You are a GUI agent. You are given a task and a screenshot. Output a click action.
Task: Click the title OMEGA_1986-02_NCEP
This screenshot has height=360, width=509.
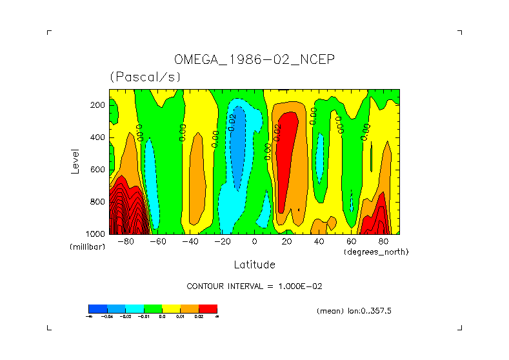254,59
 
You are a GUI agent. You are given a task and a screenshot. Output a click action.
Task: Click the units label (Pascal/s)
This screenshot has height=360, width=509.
145,77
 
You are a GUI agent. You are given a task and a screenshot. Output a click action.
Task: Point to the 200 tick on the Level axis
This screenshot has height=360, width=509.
99,105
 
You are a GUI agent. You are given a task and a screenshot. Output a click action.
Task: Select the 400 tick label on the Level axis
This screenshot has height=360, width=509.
99,137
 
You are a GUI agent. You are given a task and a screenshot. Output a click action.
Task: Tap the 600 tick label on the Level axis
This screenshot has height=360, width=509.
99,170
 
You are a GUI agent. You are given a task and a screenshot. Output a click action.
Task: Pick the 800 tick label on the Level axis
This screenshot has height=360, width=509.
99,202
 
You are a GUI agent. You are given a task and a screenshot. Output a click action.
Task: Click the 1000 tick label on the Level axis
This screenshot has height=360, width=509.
96,234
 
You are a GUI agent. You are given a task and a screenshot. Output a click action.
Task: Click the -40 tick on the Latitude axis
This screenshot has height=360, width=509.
190,242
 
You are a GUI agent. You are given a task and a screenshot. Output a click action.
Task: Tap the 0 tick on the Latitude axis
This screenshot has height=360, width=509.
255,242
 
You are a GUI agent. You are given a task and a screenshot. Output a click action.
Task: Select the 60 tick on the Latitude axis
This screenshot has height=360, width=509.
351,242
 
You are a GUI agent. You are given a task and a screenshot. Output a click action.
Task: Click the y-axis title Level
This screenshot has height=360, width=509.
75,161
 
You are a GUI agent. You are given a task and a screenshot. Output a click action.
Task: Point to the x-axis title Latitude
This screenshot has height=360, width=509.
254,265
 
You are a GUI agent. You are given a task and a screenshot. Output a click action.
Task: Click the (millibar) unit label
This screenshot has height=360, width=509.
87,247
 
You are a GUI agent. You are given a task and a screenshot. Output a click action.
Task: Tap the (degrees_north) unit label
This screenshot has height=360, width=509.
376,252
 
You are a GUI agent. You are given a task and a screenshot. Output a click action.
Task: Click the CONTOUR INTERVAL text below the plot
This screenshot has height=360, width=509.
239,286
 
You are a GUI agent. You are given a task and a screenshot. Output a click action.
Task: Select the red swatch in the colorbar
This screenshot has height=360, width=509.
208,309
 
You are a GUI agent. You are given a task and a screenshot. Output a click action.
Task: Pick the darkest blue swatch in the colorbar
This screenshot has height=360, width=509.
97,309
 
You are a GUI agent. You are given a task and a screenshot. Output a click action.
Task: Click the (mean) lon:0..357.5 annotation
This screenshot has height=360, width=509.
354,311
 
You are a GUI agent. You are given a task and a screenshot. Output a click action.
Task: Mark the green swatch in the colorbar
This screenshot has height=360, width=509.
152,309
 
